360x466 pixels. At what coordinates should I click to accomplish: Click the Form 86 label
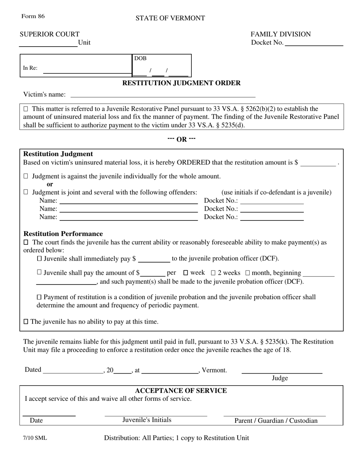click(x=33, y=16)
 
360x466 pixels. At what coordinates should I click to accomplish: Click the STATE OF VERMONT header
click(x=170, y=18)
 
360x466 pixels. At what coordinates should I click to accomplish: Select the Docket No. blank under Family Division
click(x=314, y=42)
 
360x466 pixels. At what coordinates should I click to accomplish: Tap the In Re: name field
click(x=87, y=69)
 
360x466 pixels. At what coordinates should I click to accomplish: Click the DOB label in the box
click(x=140, y=58)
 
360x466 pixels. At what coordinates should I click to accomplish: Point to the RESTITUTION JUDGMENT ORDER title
click(x=181, y=83)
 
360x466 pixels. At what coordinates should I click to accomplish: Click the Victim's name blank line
click(x=163, y=94)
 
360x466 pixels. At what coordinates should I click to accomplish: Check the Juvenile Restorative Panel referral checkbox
click(x=26, y=109)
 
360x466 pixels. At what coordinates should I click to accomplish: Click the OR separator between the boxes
click(x=182, y=139)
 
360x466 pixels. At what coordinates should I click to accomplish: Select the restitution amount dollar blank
click(x=318, y=163)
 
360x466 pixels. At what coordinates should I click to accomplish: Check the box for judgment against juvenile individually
click(x=26, y=176)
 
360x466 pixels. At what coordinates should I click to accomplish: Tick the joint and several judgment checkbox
click(x=26, y=192)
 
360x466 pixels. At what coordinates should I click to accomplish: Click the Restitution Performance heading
click(x=63, y=234)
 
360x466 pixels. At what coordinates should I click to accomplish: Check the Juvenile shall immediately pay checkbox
click(x=39, y=259)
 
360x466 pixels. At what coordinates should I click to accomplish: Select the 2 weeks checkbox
click(x=213, y=273)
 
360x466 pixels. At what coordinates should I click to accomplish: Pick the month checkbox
click(x=248, y=273)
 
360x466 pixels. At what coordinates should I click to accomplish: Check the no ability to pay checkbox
click(x=26, y=322)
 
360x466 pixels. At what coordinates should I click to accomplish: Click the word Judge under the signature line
click(x=280, y=378)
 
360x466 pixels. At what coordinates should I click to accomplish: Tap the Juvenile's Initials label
click(x=147, y=420)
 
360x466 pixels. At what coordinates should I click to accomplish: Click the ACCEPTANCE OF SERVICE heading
click(x=181, y=391)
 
